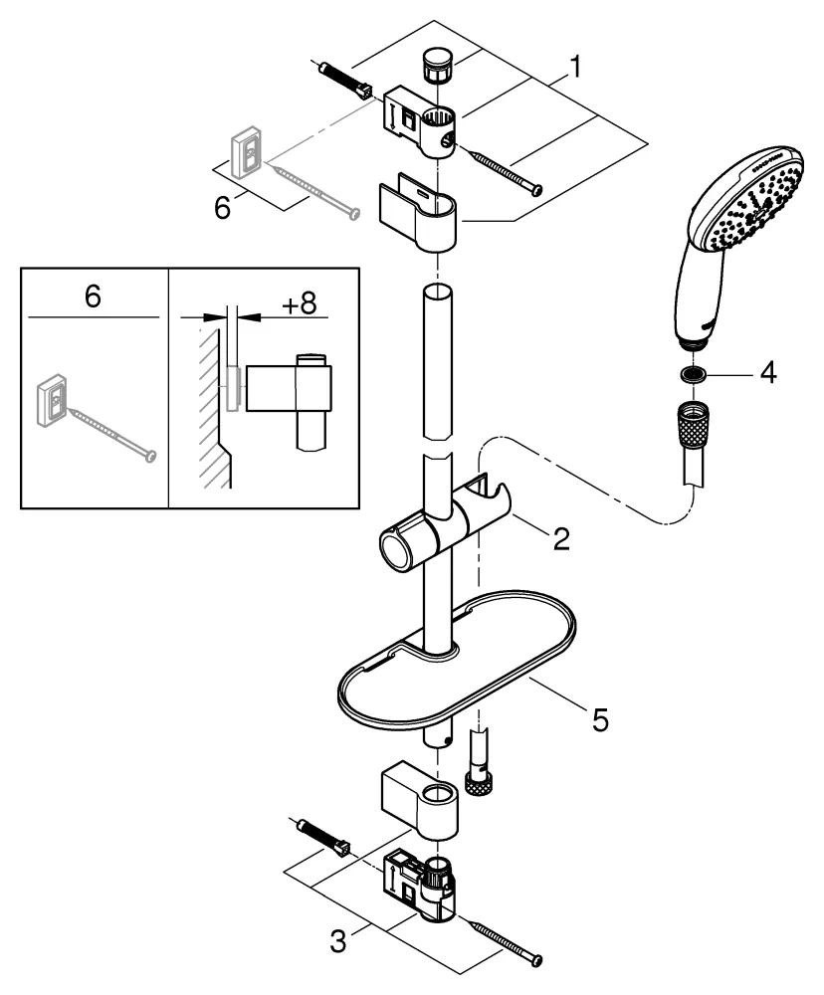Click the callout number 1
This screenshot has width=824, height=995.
(573, 68)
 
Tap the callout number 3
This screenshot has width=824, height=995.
(339, 939)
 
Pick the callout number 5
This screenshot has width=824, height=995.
(599, 718)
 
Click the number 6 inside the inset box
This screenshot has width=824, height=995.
(93, 298)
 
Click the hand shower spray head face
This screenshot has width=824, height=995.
(762, 204)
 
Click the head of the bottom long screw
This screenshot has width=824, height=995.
(536, 958)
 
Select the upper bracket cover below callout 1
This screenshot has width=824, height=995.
(420, 212)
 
